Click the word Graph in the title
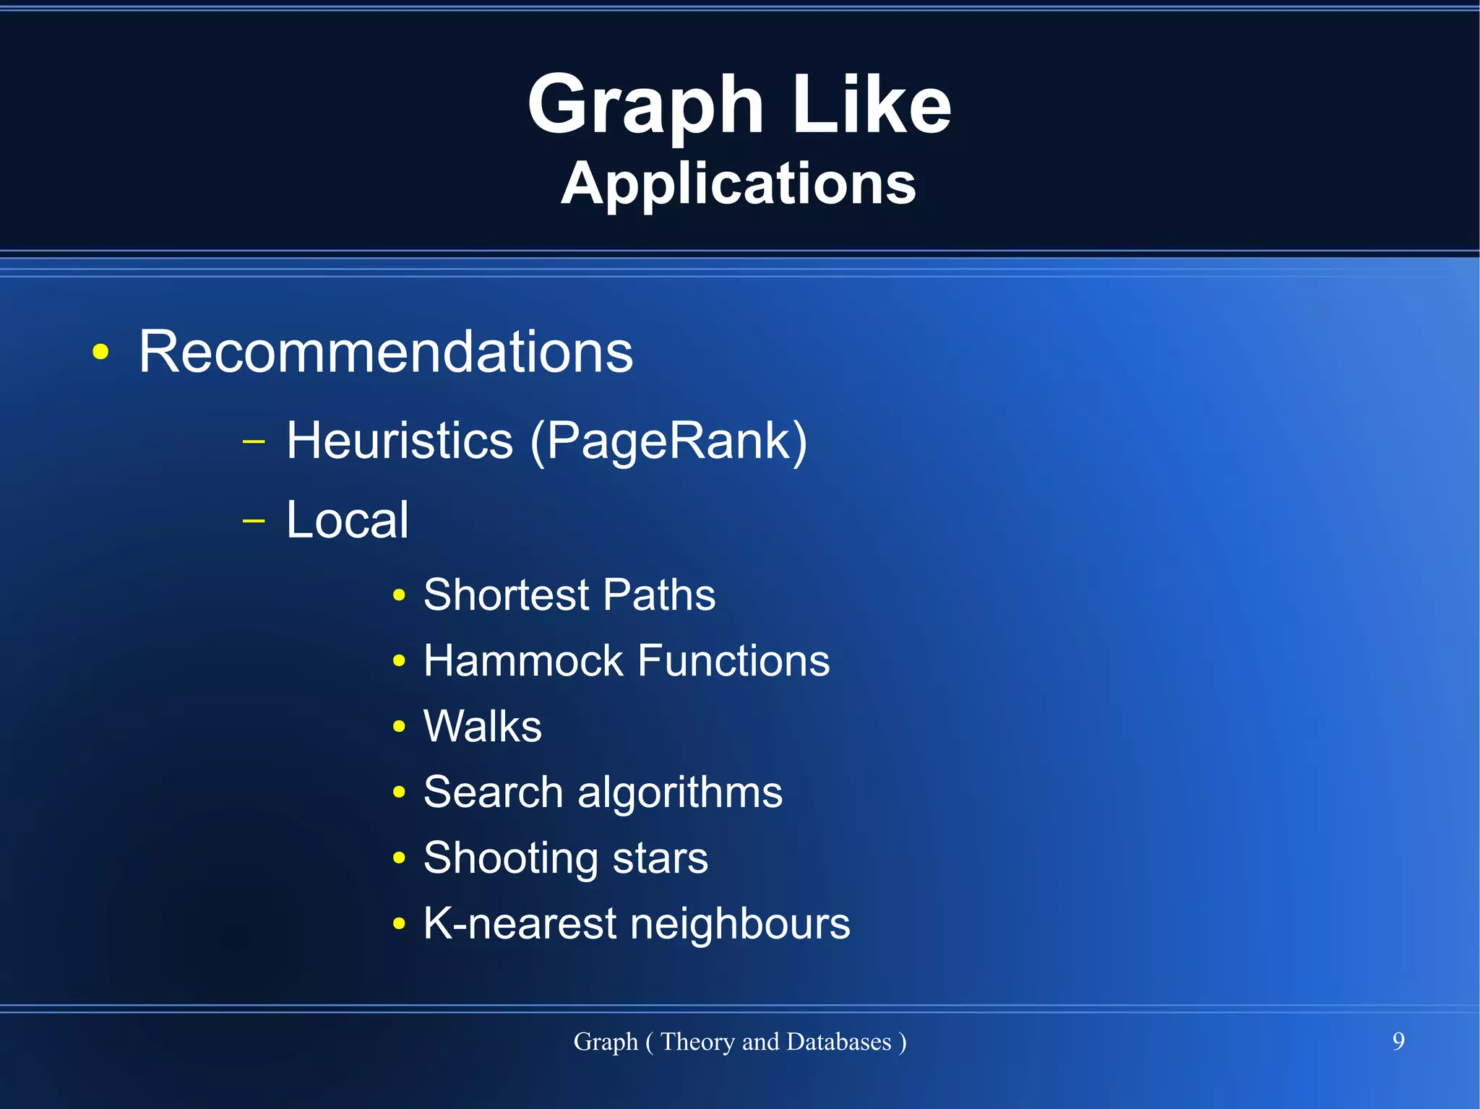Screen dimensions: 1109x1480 (x=645, y=106)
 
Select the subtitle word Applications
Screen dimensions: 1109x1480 (x=739, y=184)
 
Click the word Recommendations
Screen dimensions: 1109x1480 (x=386, y=352)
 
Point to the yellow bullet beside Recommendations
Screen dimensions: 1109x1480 (x=101, y=353)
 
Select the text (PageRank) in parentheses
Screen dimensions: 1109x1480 (x=668, y=441)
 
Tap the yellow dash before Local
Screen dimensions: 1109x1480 (x=254, y=519)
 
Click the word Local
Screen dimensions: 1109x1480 (x=348, y=519)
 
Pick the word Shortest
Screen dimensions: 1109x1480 (x=507, y=595)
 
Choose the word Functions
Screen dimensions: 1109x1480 (x=733, y=660)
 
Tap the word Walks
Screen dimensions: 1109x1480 (x=483, y=726)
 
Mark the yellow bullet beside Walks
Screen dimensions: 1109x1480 (x=399, y=727)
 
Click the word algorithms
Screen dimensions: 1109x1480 (x=680, y=793)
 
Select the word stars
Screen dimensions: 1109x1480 (x=660, y=858)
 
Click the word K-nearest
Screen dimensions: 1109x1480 (x=520, y=924)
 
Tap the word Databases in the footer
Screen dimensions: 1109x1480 (x=838, y=1042)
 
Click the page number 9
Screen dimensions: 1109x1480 (x=1398, y=1041)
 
